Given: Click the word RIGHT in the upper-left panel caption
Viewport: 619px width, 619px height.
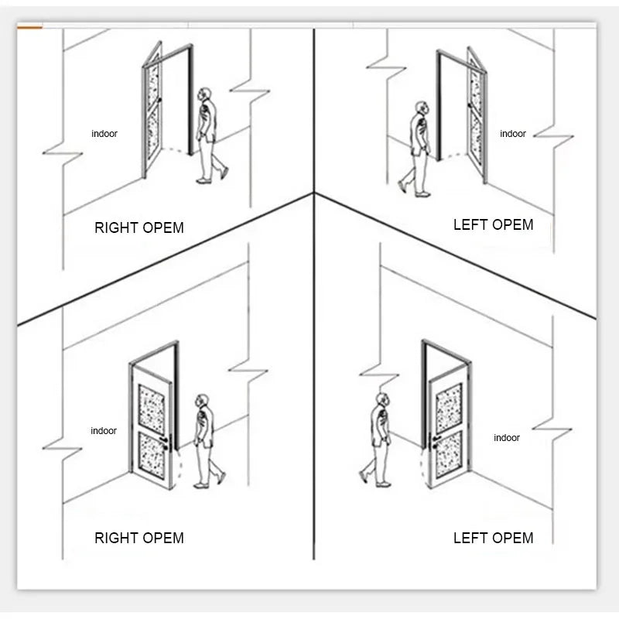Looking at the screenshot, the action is (117, 227).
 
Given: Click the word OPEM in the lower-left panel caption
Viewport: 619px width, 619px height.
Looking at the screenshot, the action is (163, 538).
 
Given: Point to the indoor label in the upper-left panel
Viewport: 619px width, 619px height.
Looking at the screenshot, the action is (104, 134).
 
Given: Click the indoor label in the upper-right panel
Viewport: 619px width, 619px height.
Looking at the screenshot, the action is (513, 134).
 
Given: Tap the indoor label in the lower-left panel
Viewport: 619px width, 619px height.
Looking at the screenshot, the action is (104, 431).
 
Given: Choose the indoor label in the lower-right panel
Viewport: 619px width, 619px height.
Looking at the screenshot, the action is (507, 438).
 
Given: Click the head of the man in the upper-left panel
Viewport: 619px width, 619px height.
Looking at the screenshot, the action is (204, 94).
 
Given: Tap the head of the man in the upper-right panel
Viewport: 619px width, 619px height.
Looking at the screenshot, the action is (422, 108).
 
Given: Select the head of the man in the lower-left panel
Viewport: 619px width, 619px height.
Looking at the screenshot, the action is (202, 400).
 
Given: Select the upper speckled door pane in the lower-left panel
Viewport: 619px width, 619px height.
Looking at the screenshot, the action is (152, 409).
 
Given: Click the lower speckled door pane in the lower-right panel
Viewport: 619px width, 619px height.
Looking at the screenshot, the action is (449, 454).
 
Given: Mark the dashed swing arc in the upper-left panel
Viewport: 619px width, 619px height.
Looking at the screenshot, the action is (174, 149).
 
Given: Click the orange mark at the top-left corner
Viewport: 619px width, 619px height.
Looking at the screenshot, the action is (29, 27).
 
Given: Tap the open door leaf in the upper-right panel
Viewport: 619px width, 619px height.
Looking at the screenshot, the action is (477, 115).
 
